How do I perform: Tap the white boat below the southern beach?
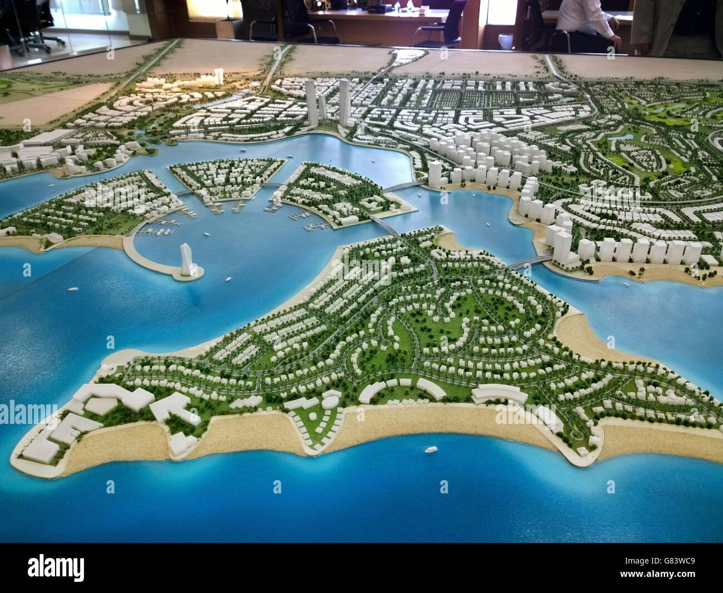430,449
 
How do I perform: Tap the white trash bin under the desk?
505,42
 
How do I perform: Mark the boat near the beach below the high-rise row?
626,286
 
